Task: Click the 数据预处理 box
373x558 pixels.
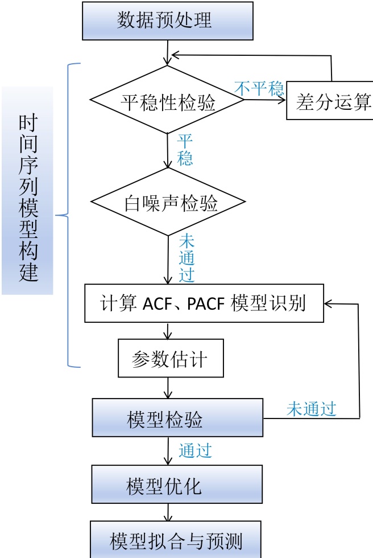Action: point(164,20)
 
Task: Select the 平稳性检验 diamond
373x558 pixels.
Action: point(168,101)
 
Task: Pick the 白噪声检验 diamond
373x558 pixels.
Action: point(169,202)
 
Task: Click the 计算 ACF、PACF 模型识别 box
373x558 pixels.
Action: point(204,302)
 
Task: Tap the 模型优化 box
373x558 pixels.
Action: point(177,486)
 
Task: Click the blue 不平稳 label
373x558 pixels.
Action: point(259,88)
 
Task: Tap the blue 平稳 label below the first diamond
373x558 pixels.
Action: point(185,149)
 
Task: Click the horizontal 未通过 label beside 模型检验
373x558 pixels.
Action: point(312,408)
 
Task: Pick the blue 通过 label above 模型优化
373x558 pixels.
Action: point(196,451)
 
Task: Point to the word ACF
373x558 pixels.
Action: point(156,303)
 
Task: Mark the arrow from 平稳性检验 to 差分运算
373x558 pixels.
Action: point(265,100)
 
